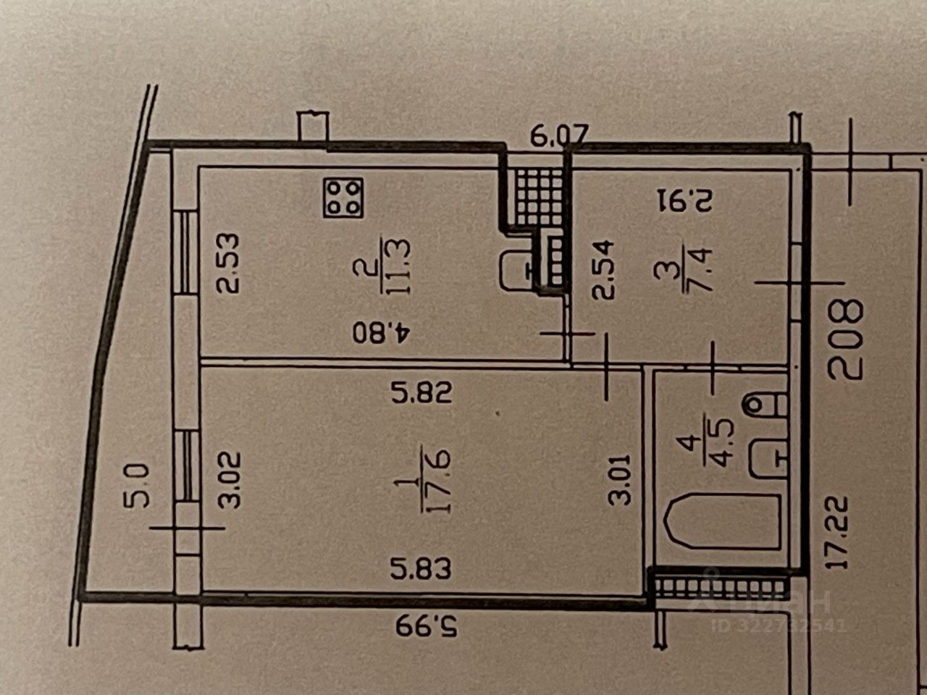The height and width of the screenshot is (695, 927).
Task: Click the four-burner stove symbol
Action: pyautogui.click(x=343, y=197)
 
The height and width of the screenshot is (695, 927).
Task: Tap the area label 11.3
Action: pyautogui.click(x=399, y=267)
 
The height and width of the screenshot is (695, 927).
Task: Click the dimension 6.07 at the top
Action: pyautogui.click(x=560, y=135)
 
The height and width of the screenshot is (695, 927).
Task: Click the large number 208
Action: pyautogui.click(x=845, y=340)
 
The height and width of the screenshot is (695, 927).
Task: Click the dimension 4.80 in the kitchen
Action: pyautogui.click(x=382, y=333)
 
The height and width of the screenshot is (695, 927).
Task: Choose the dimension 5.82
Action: pyautogui.click(x=421, y=392)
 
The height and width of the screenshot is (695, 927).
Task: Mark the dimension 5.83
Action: pyautogui.click(x=421, y=568)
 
